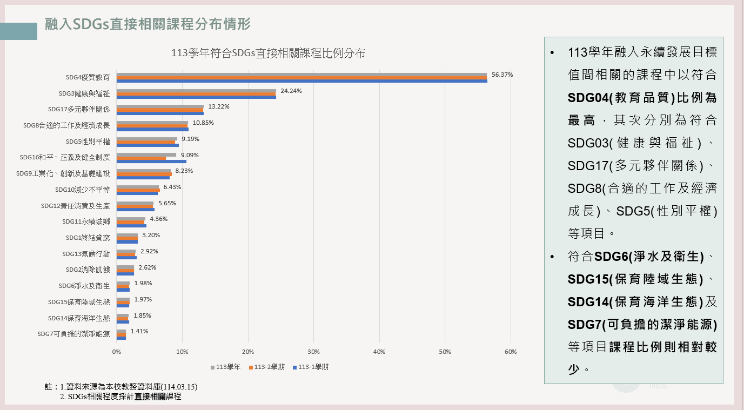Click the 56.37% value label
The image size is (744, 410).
click(502, 75)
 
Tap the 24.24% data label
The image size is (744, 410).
click(291, 91)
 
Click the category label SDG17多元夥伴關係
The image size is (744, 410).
click(78, 109)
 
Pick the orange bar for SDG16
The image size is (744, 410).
click(141, 158)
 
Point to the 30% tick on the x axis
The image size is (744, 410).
click(313, 352)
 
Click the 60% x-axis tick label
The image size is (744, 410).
click(510, 352)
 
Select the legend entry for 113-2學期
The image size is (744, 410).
click(267, 367)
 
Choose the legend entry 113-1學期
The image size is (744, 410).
click(311, 367)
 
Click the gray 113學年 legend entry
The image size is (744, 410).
click(226, 367)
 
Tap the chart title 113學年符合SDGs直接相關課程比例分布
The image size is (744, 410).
click(268, 53)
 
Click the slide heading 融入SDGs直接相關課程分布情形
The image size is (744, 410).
click(148, 24)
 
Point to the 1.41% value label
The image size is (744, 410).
click(139, 331)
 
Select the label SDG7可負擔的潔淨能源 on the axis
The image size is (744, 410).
click(73, 334)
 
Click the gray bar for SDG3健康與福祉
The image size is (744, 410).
click(196, 91)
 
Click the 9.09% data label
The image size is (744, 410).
click(190, 155)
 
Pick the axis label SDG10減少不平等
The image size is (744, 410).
click(82, 190)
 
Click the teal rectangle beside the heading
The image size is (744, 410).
click(18, 31)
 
